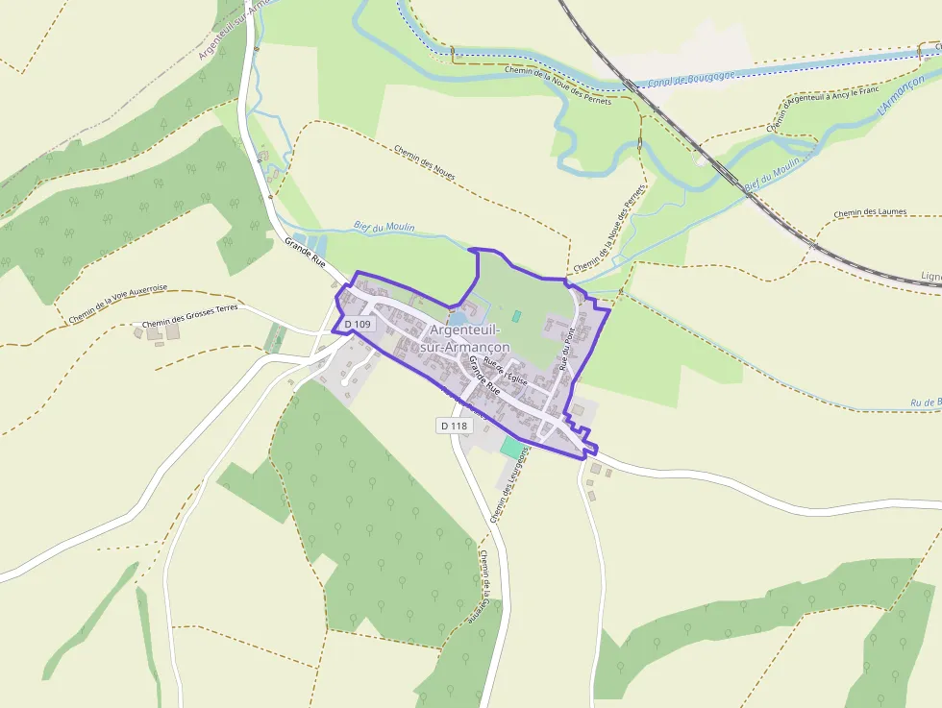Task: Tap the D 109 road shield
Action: (358, 325)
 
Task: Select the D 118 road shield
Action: (453, 425)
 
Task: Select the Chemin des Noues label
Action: (425, 162)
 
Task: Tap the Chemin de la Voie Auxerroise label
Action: (118, 304)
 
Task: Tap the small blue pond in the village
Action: (459, 318)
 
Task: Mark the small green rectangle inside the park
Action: (516, 316)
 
